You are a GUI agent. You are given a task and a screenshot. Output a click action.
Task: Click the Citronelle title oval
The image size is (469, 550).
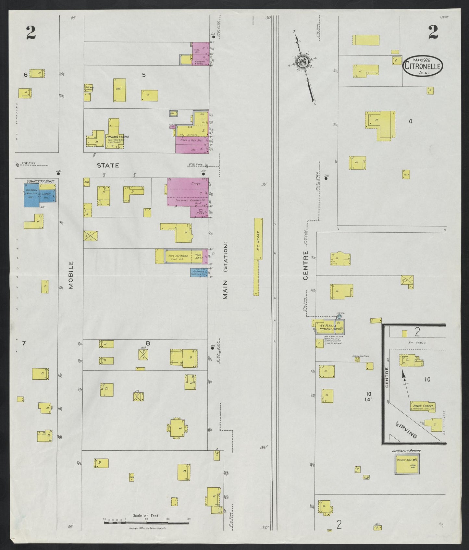(x=423, y=66)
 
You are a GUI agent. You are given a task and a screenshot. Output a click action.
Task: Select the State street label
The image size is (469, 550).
(x=108, y=165)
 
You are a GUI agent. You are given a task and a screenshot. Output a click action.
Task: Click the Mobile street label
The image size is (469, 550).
(x=71, y=275)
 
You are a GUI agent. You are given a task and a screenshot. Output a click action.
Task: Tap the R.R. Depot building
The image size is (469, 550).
(x=258, y=238)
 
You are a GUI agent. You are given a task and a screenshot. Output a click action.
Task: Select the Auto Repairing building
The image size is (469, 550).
(x=178, y=256)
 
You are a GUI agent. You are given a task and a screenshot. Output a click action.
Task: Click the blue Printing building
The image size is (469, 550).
(x=199, y=273)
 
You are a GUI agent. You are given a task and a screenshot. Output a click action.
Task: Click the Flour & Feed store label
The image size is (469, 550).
(x=191, y=140)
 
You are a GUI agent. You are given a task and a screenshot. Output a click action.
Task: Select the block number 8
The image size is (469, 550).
(x=148, y=343)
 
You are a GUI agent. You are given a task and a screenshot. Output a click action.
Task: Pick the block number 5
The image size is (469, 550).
(x=144, y=75)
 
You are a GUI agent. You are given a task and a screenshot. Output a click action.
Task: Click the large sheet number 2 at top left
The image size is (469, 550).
(x=31, y=32)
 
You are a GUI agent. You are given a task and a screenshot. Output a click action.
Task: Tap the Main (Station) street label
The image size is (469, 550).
(x=226, y=271)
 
